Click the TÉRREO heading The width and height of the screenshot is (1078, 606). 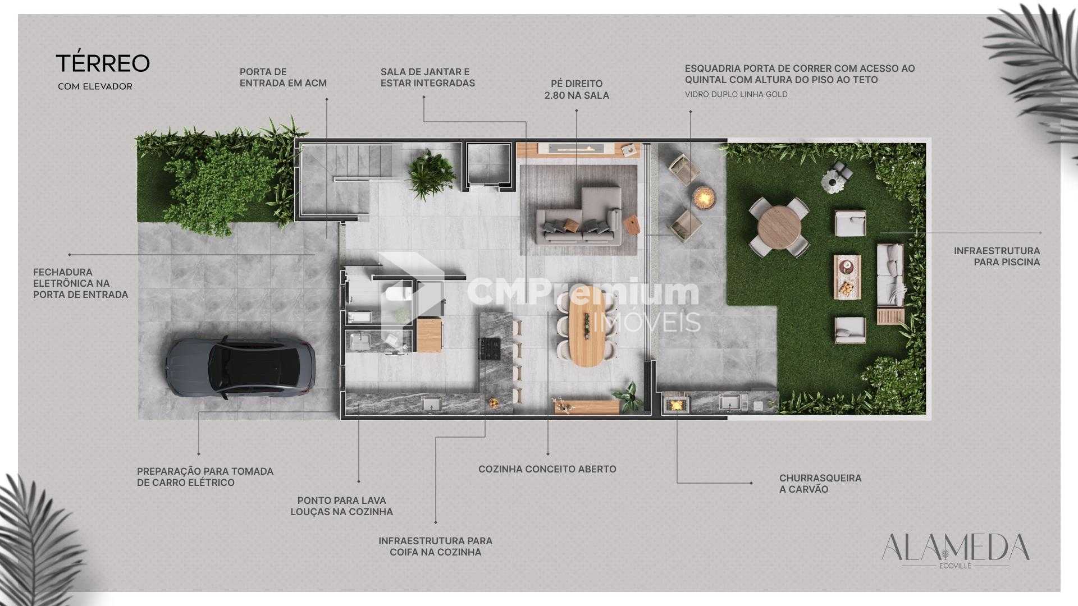[x=103, y=64]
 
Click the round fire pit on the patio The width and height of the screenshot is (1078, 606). [x=703, y=196]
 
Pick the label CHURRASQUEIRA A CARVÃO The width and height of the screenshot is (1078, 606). [x=820, y=484]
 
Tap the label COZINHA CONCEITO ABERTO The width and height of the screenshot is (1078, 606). [x=547, y=469]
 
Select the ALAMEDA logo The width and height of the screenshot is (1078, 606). [x=955, y=549]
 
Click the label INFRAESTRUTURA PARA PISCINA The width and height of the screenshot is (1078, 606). [x=997, y=256]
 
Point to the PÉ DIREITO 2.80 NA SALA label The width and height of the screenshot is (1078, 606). [x=577, y=90]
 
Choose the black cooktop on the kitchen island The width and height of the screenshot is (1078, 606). [x=488, y=349]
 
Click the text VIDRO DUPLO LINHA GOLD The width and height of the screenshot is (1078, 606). [x=736, y=94]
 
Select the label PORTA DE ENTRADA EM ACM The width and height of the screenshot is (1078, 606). [x=283, y=77]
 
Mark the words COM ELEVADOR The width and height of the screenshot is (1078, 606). [x=95, y=87]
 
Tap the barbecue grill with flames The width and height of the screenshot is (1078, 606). [x=675, y=403]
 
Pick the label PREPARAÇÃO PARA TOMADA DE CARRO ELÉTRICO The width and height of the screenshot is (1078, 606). [x=205, y=477]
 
